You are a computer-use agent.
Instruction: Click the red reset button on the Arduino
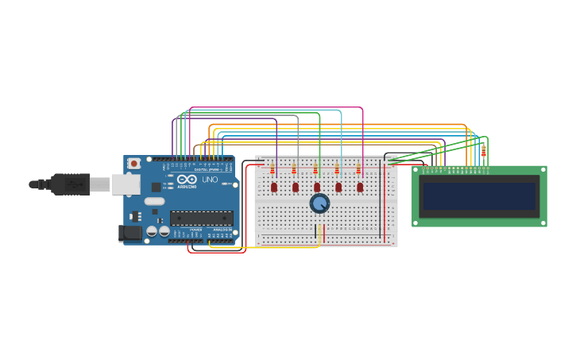tap(134, 163)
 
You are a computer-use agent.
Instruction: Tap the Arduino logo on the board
tap(187, 180)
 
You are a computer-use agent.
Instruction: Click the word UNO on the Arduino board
tap(210, 180)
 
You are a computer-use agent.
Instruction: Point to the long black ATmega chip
tap(201, 218)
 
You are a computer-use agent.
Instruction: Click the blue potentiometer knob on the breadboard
tap(319, 203)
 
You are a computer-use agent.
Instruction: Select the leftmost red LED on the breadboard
tap(274, 188)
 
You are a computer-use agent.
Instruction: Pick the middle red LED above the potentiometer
tap(317, 188)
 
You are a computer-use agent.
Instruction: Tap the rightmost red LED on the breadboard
tap(360, 188)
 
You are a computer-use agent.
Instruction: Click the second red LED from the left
tap(296, 188)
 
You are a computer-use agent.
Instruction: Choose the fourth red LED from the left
tap(338, 188)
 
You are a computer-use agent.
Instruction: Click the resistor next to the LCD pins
tap(483, 151)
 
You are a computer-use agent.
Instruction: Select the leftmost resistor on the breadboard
tap(273, 168)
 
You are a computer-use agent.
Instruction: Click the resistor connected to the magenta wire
tap(358, 168)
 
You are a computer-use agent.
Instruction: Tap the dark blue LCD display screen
tap(479, 195)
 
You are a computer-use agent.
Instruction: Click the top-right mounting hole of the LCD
tap(543, 170)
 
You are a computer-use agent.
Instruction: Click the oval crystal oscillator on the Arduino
tap(154, 201)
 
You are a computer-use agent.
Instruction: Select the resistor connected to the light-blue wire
tap(337, 168)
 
